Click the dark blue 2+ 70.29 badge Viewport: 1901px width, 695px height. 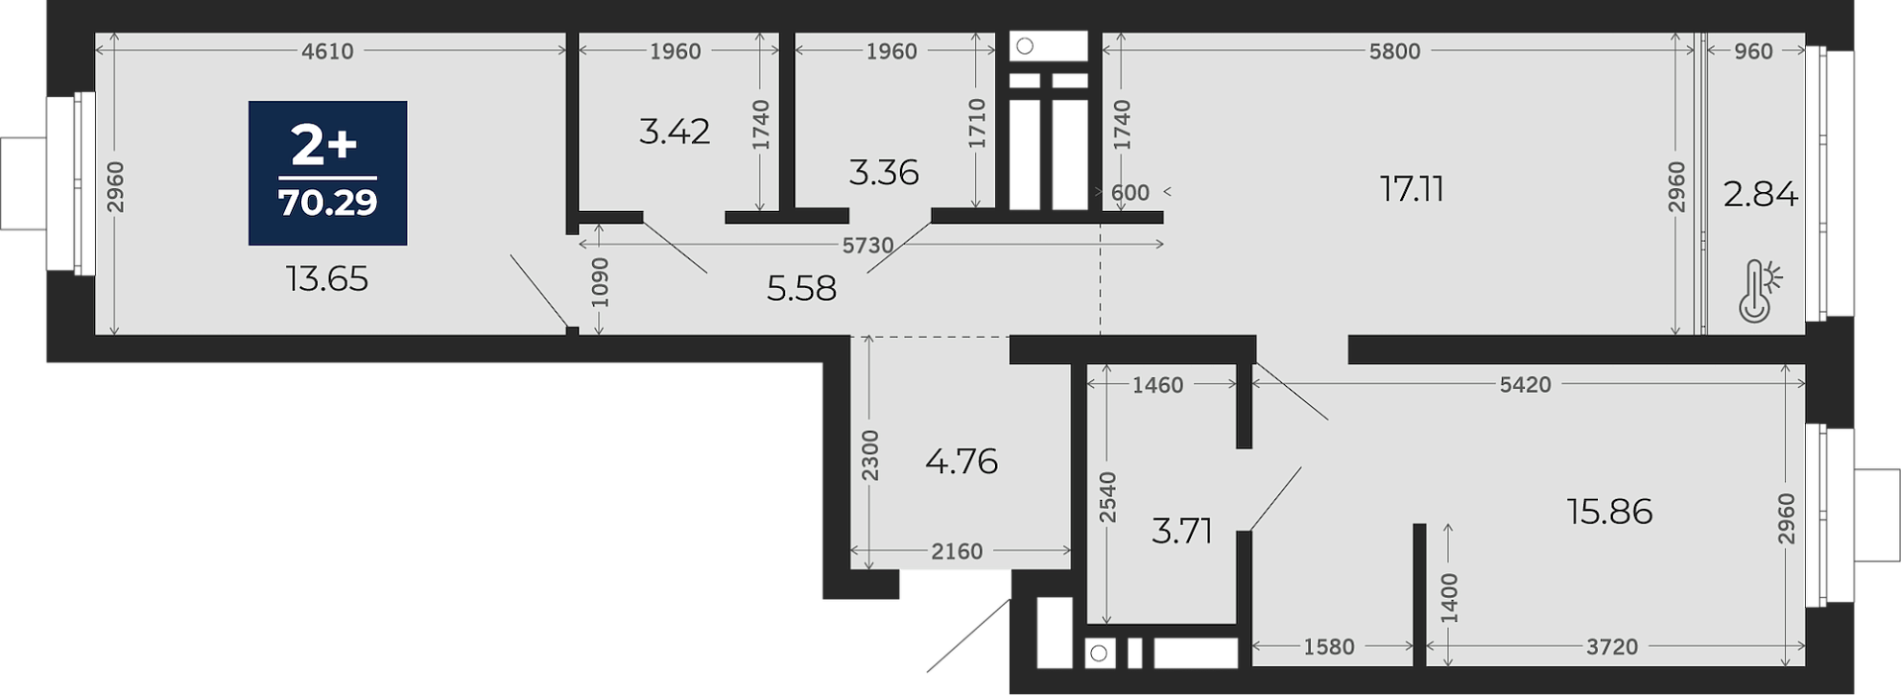click(328, 173)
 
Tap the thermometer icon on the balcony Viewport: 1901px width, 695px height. click(1759, 291)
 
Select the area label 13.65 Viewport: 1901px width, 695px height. click(327, 279)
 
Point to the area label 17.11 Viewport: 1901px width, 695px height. click(1412, 189)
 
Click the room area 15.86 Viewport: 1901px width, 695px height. click(1610, 512)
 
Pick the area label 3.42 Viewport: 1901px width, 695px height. click(674, 132)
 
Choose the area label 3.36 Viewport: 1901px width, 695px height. click(883, 173)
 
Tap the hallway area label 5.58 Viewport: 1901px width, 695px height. click(801, 289)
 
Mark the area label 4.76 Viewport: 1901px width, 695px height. click(961, 461)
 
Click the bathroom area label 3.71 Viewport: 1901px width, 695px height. click(1182, 532)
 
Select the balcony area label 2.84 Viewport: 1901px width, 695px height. click(1760, 194)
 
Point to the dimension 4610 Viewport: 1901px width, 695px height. click(328, 51)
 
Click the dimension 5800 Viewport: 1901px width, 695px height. click(1394, 51)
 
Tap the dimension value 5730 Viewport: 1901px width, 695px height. click(868, 246)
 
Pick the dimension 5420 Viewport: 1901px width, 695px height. click(1525, 385)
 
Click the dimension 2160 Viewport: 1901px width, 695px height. click(956, 551)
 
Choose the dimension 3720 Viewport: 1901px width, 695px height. click(1612, 647)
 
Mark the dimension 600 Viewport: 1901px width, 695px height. click(1130, 193)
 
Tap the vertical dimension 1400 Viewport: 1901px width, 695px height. click(1450, 597)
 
